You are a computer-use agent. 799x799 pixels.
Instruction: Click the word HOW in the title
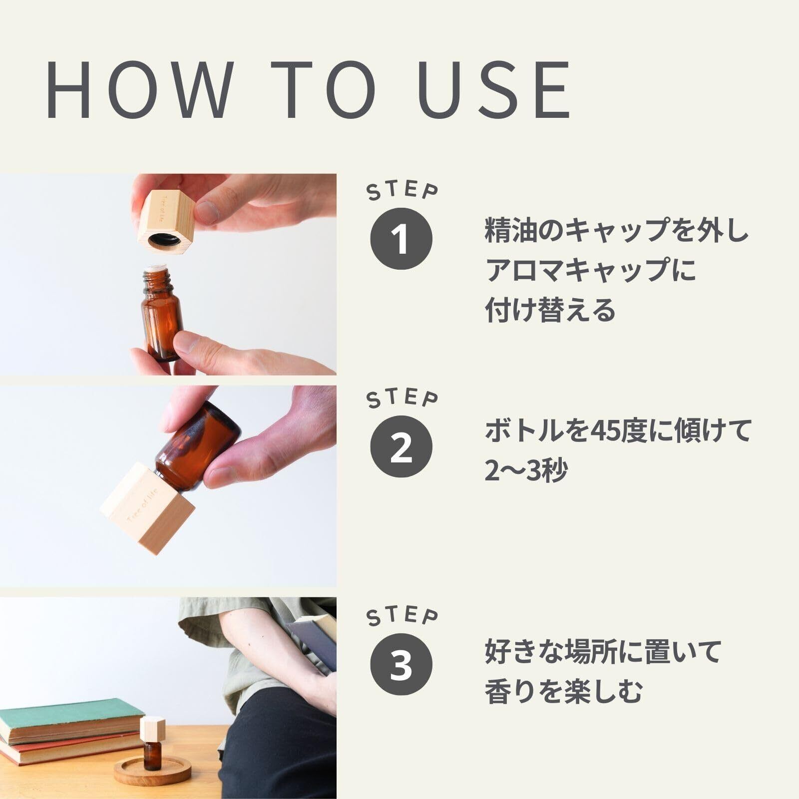coord(139,90)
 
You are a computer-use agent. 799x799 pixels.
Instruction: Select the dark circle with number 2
coord(401,447)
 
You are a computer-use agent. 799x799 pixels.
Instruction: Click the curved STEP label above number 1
coord(402,191)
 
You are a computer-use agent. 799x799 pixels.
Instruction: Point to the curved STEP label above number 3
coord(402,617)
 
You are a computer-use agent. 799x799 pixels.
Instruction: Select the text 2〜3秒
coord(526,470)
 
